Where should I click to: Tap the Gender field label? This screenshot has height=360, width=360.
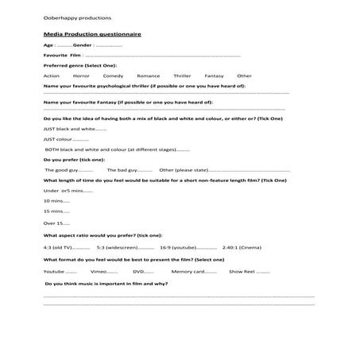pos(83,45)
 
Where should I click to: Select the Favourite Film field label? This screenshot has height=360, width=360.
pos(64,56)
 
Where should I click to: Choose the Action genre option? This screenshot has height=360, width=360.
pos(52,75)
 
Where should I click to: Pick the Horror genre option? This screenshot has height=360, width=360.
pos(81,75)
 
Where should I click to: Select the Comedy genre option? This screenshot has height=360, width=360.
pos(113,75)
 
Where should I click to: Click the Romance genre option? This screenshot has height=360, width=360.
pos(148,75)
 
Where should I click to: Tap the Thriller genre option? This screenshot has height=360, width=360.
pos(184,75)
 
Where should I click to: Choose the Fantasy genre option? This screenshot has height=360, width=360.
pos(215,75)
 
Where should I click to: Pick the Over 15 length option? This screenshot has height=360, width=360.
pos(52,223)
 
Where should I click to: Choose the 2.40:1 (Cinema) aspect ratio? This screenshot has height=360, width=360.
pos(242,246)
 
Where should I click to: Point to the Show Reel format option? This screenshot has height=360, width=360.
pos(242,271)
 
